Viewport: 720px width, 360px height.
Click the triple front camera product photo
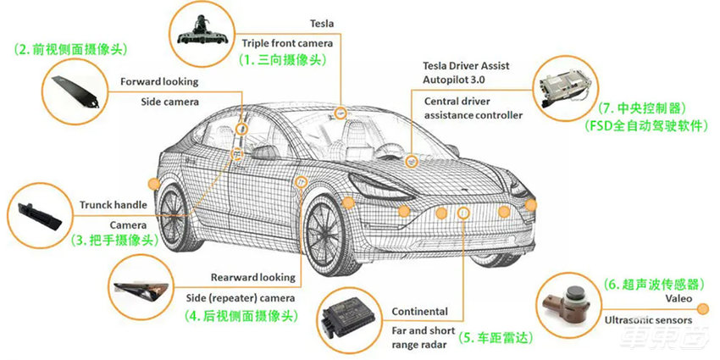[x=203, y=32]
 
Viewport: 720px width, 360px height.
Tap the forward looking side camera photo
[x=75, y=91]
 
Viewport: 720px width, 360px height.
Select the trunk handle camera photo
[x=40, y=216]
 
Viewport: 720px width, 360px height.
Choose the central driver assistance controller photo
[x=566, y=88]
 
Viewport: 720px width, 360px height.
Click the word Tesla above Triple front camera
[x=322, y=23]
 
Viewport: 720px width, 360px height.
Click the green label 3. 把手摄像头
[x=114, y=239]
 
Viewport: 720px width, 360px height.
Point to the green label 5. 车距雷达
[x=496, y=338]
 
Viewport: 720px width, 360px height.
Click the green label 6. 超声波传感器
[x=654, y=285]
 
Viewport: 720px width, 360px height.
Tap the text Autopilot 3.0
[x=454, y=80]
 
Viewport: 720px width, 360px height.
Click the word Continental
[x=419, y=312]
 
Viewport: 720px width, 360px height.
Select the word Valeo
[x=678, y=299]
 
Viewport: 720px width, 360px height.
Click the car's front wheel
[x=329, y=236]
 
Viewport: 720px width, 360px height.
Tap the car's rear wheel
[x=175, y=218]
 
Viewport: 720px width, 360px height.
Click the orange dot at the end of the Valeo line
[x=702, y=309]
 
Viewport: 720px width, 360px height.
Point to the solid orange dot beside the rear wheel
[x=154, y=184]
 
